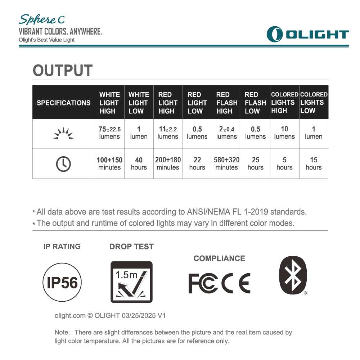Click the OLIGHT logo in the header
click(x=307, y=34)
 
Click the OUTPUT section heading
click(x=63, y=71)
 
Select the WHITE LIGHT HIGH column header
click(x=109, y=103)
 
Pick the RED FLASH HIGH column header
click(x=226, y=103)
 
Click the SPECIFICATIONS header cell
click(x=64, y=103)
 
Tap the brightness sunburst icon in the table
click(x=63, y=134)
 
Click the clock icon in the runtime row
click(x=63, y=164)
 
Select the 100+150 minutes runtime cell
click(x=109, y=163)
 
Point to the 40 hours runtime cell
click(x=139, y=163)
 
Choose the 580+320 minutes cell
click(x=226, y=163)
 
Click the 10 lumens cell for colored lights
click(x=284, y=133)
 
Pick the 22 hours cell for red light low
click(x=197, y=163)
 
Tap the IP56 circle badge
click(x=62, y=283)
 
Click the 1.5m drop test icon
click(x=131, y=282)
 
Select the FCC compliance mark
click(x=203, y=283)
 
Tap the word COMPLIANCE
click(x=219, y=258)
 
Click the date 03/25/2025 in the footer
click(x=139, y=316)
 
